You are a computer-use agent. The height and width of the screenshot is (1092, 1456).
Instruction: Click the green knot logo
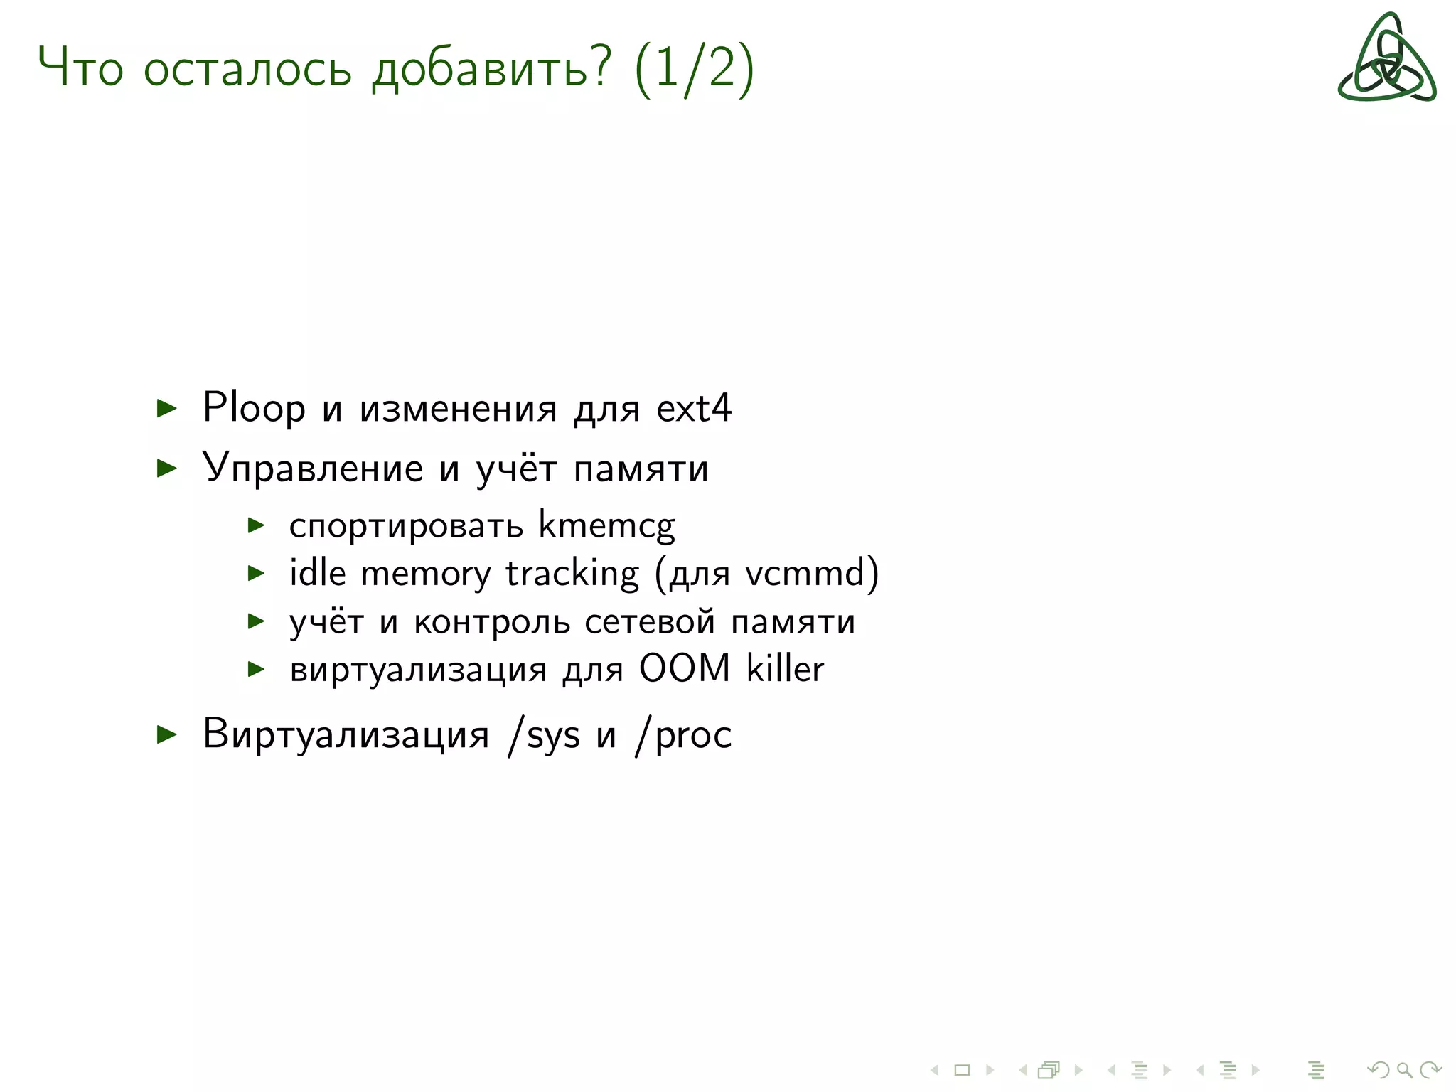(x=1386, y=58)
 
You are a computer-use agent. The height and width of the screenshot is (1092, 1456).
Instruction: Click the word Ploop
(x=254, y=408)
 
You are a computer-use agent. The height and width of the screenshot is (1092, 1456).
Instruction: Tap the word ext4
(x=693, y=408)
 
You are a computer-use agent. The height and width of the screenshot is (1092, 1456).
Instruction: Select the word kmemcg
(x=606, y=526)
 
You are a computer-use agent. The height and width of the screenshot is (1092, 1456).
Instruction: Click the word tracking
(x=572, y=574)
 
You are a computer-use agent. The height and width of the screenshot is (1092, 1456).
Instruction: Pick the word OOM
(x=685, y=668)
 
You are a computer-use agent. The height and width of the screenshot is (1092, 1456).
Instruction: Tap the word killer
(x=785, y=668)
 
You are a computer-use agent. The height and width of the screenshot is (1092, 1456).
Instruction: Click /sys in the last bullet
(x=544, y=734)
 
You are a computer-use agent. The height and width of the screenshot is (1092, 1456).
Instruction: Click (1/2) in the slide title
(x=694, y=69)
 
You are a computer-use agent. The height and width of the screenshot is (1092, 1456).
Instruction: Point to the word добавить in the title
(x=491, y=69)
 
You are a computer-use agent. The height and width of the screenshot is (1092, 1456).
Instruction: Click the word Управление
(x=313, y=469)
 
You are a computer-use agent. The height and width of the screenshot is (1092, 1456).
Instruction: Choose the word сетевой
(x=650, y=621)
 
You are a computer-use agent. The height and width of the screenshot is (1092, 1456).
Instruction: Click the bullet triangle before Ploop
(x=166, y=408)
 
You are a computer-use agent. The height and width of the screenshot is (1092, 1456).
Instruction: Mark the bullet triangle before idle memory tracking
(x=256, y=573)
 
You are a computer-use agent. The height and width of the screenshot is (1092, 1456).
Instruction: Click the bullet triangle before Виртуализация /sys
(x=166, y=734)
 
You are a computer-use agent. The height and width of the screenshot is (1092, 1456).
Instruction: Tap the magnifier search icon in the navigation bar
(x=1404, y=1070)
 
